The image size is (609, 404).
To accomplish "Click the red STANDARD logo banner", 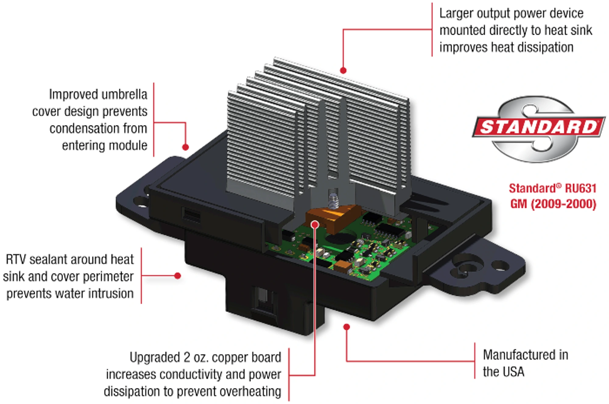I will (538, 127).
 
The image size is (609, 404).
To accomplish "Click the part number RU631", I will (580, 188).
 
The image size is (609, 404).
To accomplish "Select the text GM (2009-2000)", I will (553, 204).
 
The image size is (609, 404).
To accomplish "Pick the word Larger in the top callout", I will (456, 13).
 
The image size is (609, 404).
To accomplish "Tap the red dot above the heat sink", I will (343, 70).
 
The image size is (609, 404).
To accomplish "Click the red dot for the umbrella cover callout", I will (185, 147).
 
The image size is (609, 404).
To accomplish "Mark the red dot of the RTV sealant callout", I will (178, 276).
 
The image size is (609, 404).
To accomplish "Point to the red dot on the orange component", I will (315, 225).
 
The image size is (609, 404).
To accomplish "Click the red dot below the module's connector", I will (347, 327).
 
